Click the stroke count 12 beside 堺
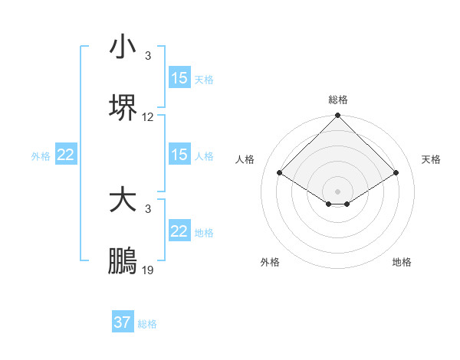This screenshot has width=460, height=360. click(x=148, y=117)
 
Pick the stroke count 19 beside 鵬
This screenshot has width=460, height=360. click(x=148, y=270)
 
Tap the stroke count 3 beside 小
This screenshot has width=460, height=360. click(x=148, y=56)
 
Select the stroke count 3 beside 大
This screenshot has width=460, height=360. click(x=148, y=209)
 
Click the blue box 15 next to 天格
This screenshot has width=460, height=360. click(x=179, y=78)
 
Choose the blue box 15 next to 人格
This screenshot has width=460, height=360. click(x=179, y=155)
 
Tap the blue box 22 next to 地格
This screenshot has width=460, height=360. click(x=179, y=231)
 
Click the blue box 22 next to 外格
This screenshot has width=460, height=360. click(x=66, y=155)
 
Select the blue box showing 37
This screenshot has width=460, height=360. click(x=123, y=322)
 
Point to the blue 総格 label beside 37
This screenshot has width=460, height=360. click(x=147, y=323)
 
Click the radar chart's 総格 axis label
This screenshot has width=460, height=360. click(x=337, y=100)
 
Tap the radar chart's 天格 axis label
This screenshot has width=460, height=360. click(x=431, y=159)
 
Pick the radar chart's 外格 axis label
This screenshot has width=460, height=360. click(x=270, y=262)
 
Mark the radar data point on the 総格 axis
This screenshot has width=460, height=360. click(x=337, y=116)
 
